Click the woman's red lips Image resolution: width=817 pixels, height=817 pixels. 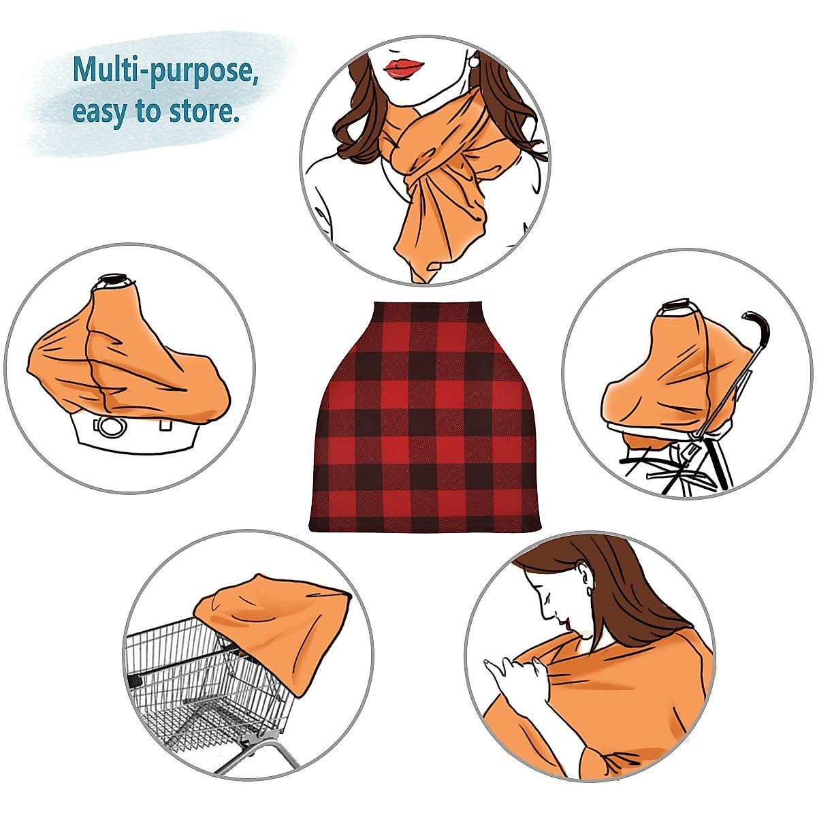(404, 67)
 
